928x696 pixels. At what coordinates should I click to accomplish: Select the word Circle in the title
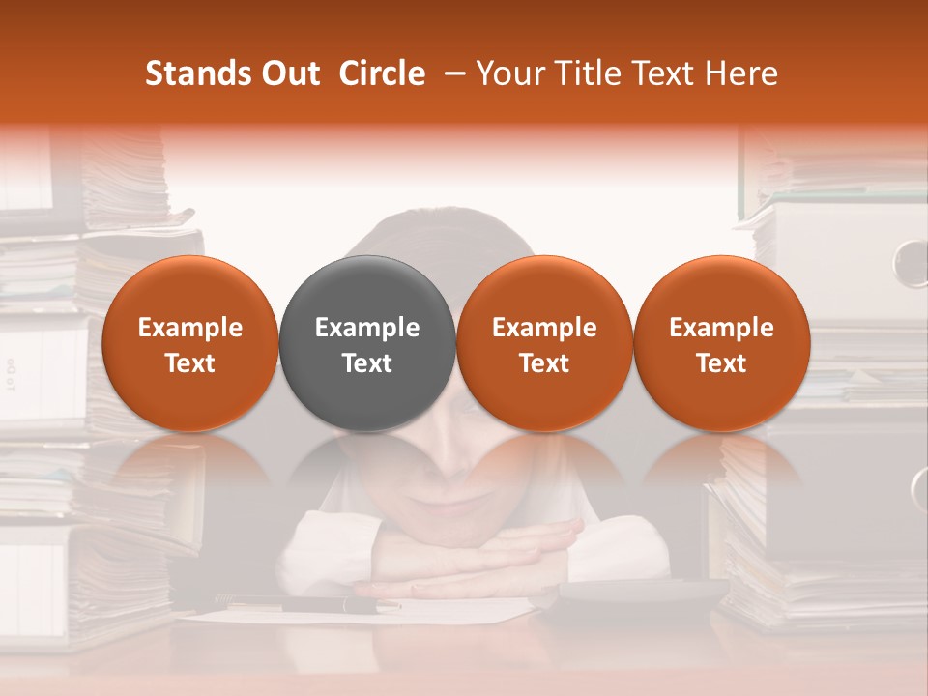(382, 73)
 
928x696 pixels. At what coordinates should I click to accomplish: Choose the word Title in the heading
(588, 73)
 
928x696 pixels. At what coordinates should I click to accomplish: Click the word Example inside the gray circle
(367, 328)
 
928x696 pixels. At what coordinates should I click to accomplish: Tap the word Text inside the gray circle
(367, 363)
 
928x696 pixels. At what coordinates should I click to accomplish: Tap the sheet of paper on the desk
(454, 611)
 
